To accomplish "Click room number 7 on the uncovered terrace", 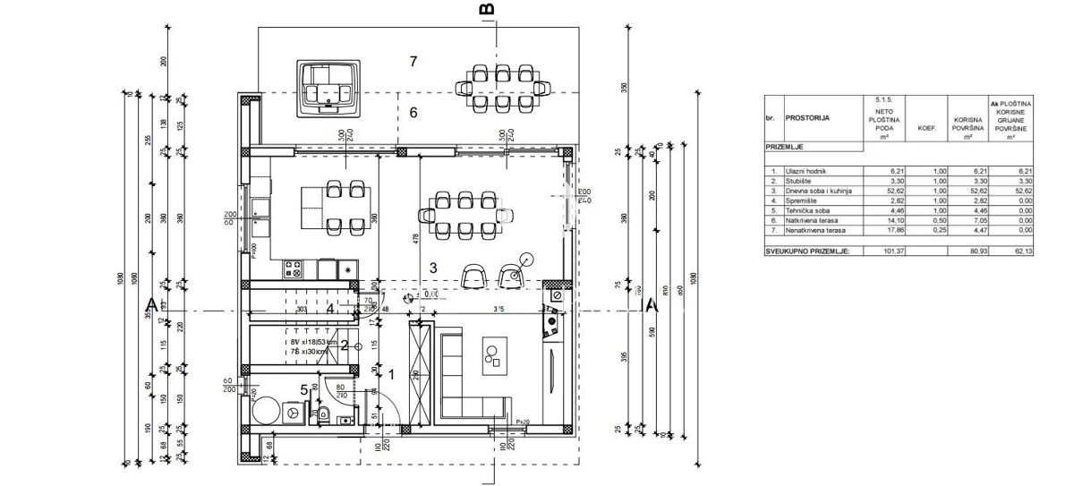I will click(x=413, y=62).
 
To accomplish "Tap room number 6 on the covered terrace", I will click(x=413, y=113).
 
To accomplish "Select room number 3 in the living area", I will click(x=432, y=267).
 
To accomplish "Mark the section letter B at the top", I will click(x=487, y=9).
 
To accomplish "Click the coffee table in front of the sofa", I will click(x=491, y=355).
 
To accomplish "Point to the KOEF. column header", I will click(x=925, y=128).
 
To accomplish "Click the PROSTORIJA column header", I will click(x=808, y=117).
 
